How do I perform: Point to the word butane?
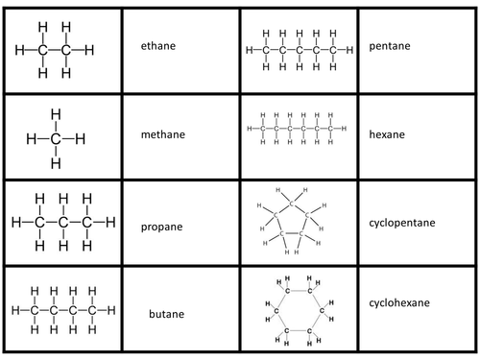pos(167,314)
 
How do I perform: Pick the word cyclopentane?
pos(402,223)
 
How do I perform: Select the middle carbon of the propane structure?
pos(63,223)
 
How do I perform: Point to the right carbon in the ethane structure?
pos(66,48)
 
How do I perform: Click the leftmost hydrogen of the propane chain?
pos(15,223)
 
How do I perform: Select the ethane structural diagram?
pos(55,48)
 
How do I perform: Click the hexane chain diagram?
pos(296,128)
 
